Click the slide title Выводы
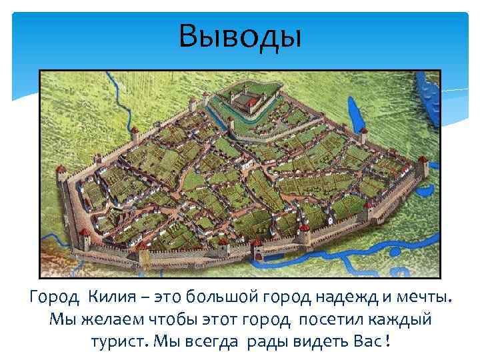click(x=240, y=37)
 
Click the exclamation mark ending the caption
click(x=388, y=341)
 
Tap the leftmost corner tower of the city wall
click(x=62, y=175)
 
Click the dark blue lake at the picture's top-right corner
click(x=427, y=97)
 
